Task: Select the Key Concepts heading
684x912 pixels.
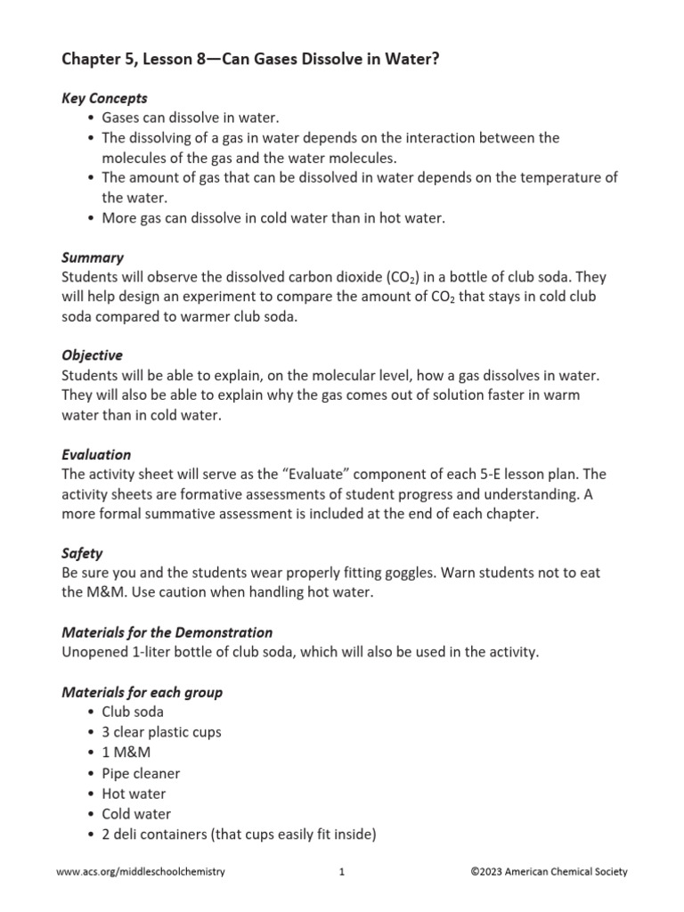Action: click(x=104, y=98)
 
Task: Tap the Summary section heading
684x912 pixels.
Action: click(x=93, y=257)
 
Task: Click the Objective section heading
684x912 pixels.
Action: click(x=92, y=355)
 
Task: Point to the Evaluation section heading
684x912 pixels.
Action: click(x=96, y=454)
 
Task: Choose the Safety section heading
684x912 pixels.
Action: click(x=82, y=553)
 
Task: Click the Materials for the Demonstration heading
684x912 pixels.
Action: click(x=167, y=632)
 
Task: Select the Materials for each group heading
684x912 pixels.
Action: click(x=142, y=692)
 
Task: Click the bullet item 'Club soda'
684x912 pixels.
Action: click(x=133, y=712)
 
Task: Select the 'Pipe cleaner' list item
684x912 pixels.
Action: click(x=141, y=773)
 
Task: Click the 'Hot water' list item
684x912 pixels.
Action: click(x=134, y=794)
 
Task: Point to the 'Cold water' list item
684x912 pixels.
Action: click(x=136, y=814)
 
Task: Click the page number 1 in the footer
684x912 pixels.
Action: click(x=341, y=872)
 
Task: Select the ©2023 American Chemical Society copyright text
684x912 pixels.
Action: click(x=549, y=872)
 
